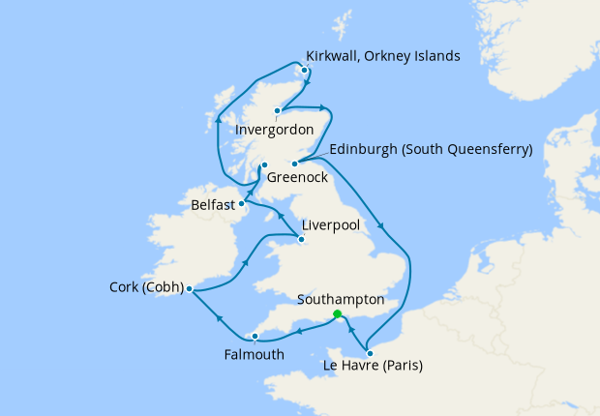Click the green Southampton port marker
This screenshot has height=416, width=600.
337,314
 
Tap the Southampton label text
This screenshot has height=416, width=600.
341,301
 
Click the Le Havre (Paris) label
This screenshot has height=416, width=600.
372,366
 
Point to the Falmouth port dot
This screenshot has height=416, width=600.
255,337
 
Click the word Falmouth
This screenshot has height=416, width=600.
253,354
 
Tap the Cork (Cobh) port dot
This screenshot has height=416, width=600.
189,288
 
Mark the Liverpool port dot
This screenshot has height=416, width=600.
301,239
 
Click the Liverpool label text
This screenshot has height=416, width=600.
331,225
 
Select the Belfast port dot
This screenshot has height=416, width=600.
241,203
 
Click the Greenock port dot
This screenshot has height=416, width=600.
264,165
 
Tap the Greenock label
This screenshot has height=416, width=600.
297,178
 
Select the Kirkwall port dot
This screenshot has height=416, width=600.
305,70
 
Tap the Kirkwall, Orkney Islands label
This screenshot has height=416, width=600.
382,56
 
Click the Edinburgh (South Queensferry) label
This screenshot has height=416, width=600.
431,150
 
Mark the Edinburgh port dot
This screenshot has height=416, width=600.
294,163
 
